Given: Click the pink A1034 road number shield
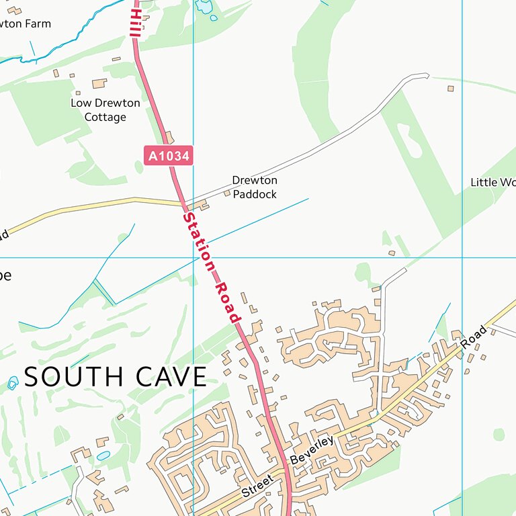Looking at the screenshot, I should (169, 156).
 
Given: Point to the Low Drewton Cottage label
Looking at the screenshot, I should (105, 110).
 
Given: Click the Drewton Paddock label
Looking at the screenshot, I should (255, 187).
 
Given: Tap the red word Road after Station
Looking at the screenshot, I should (228, 302).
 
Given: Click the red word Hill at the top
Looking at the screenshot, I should (135, 23).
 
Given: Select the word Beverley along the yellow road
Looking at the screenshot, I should (312, 450).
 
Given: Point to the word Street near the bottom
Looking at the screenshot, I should (257, 485).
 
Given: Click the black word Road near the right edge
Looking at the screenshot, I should (474, 337).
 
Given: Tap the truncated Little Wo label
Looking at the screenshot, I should (492, 182).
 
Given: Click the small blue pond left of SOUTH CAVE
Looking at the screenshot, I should (13, 383).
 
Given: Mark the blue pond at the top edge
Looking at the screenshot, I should (204, 7).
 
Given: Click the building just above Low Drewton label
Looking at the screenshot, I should (99, 83).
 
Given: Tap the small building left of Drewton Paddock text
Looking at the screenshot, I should (227, 193).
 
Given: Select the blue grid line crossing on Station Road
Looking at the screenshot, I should (193, 257).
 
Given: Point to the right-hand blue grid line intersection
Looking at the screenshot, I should (462, 257).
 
